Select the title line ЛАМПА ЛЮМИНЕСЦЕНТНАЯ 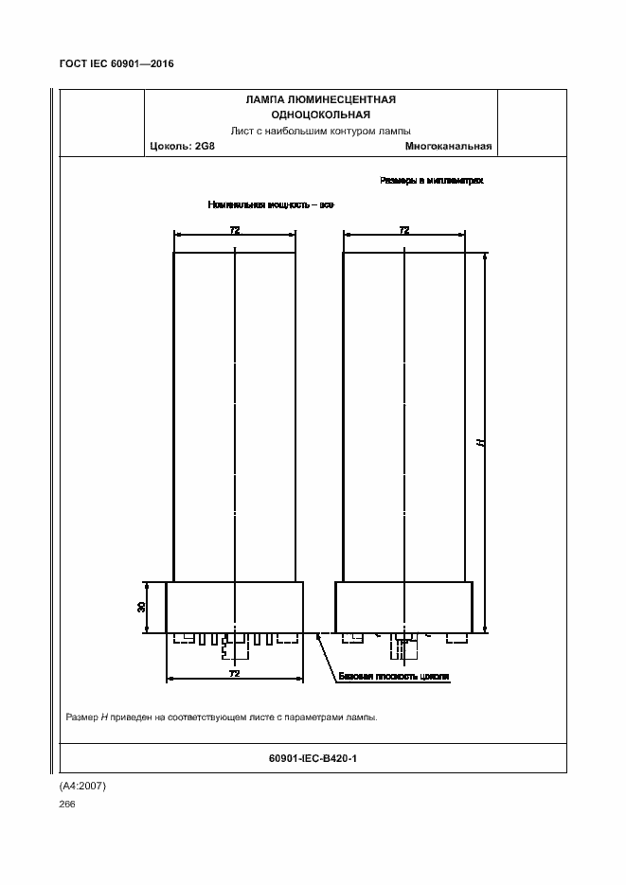(320, 99)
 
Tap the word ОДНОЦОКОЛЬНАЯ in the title (320, 115)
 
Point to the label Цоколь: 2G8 (183, 147)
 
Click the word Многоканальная (448, 147)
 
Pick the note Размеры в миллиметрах (432, 179)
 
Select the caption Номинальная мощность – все (271, 204)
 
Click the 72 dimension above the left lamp (234, 230)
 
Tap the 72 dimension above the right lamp (404, 230)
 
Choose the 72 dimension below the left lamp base (234, 673)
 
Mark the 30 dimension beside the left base (142, 606)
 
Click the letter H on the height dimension (480, 441)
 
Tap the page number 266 (67, 804)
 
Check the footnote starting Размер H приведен (222, 717)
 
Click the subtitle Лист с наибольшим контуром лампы (320, 131)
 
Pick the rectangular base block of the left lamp (234, 607)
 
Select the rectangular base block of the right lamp (404, 607)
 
